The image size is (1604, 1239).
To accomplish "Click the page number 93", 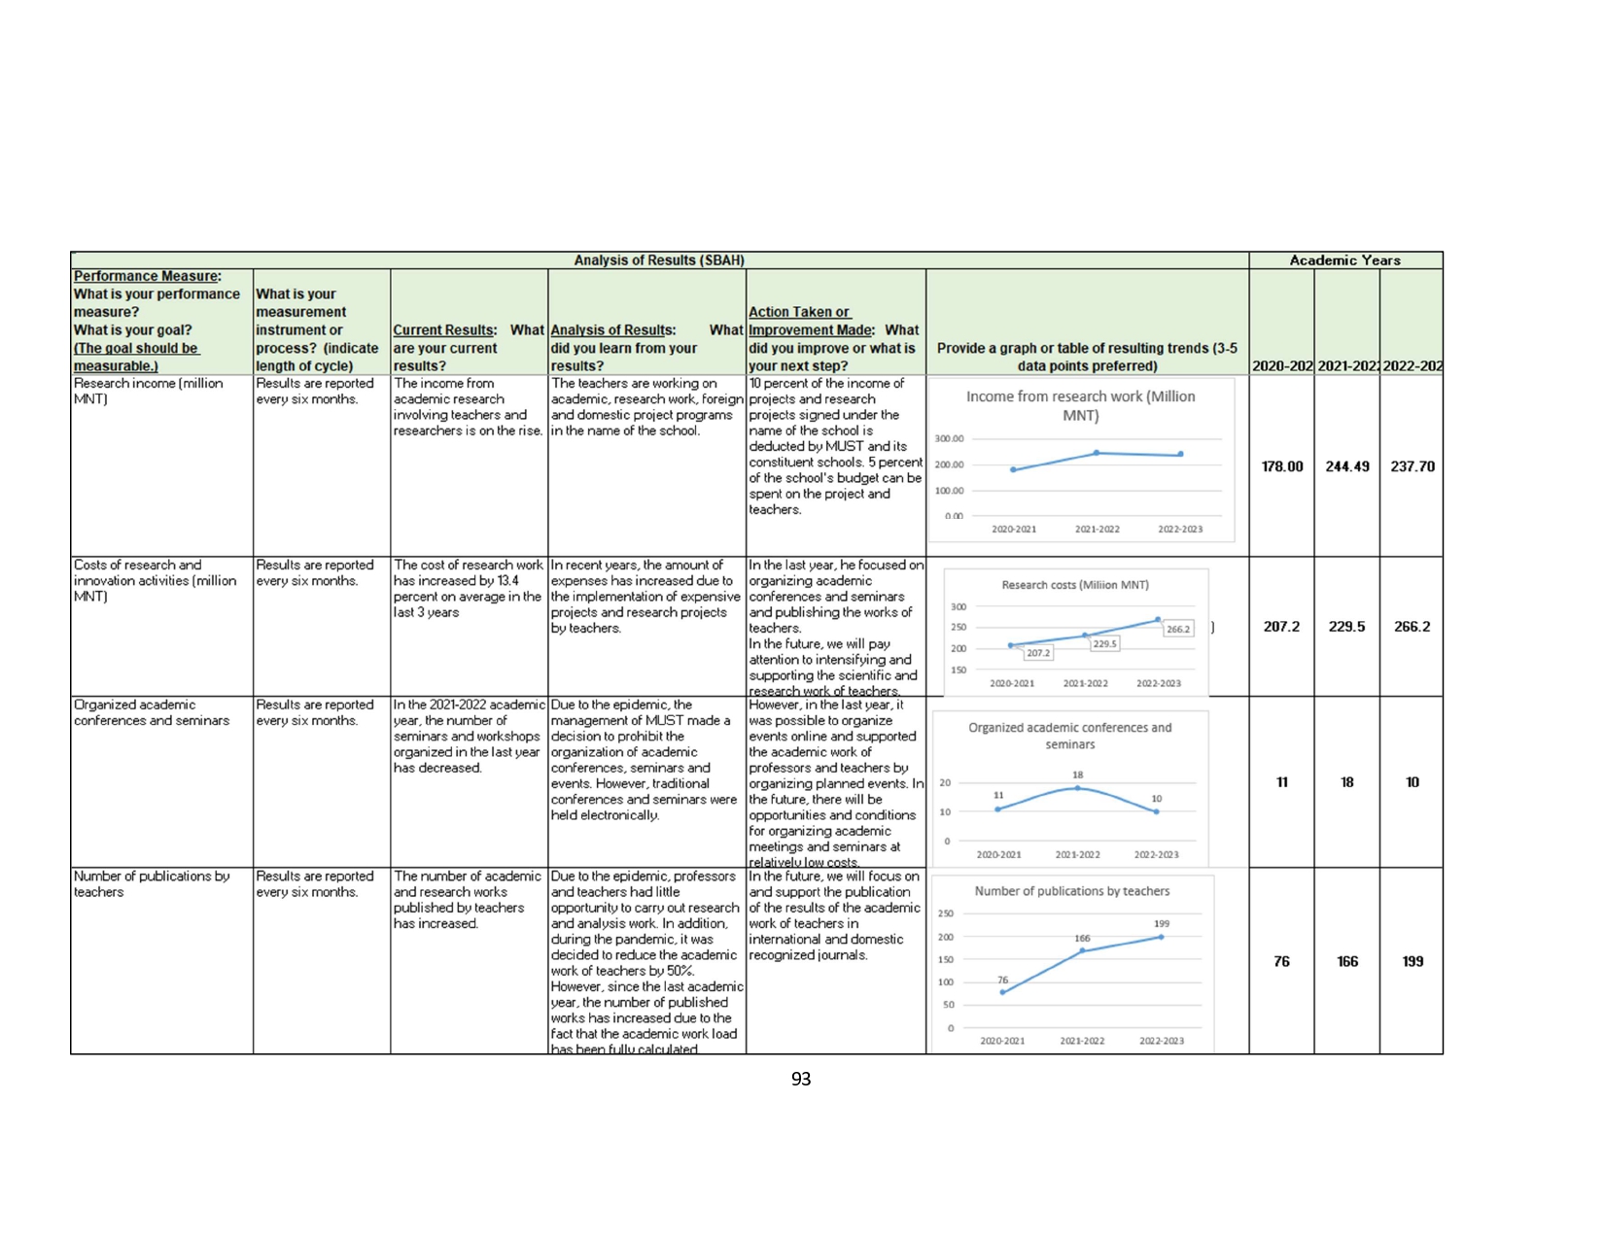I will [800, 1079].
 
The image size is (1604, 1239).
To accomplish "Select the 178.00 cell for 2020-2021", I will [1281, 466].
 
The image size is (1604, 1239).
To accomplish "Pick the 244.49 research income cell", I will [1346, 466].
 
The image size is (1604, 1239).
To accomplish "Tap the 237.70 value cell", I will [1412, 466].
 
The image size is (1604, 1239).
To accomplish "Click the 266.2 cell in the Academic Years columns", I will [1412, 627].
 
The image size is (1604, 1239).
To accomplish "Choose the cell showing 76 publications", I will [1281, 961].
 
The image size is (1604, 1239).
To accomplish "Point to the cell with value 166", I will [1346, 961].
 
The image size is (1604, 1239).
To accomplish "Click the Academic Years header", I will [1344, 260].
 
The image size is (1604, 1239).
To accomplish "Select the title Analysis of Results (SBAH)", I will [659, 260].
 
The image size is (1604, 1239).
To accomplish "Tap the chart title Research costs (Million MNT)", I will [1075, 585].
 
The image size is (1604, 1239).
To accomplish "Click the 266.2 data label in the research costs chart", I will [1177, 629].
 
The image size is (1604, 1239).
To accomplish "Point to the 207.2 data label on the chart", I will [1038, 653].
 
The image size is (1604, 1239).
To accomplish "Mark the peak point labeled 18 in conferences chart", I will [1077, 787].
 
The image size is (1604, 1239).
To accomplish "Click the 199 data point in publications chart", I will [1161, 937].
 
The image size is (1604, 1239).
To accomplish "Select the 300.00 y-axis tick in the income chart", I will [949, 439].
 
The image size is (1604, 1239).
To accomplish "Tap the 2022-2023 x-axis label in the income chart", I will [1179, 530].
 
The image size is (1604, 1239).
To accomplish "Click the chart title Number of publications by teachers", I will [1071, 891].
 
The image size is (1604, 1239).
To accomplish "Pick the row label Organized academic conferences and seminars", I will [152, 712].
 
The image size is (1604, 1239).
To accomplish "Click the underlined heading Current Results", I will [444, 330].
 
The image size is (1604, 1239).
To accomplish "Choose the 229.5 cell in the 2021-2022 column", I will [1346, 627].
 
